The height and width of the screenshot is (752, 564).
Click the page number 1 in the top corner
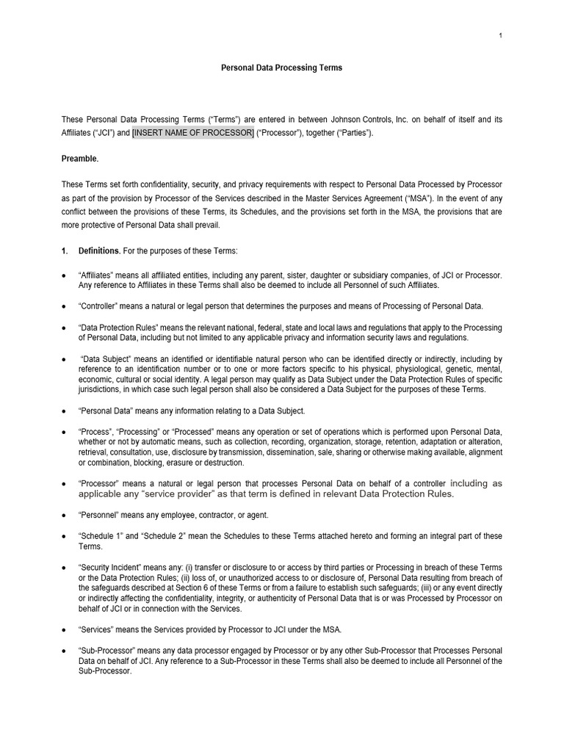500,36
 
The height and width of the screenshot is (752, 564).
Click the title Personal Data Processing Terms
282,68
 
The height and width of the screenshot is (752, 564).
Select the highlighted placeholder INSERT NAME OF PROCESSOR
193,133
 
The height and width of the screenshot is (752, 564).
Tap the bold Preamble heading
80,158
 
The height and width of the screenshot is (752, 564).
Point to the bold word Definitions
100,250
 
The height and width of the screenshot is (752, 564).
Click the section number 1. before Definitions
65,250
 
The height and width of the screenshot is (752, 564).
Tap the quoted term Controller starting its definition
99,306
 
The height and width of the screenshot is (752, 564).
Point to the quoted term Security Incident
110,569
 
